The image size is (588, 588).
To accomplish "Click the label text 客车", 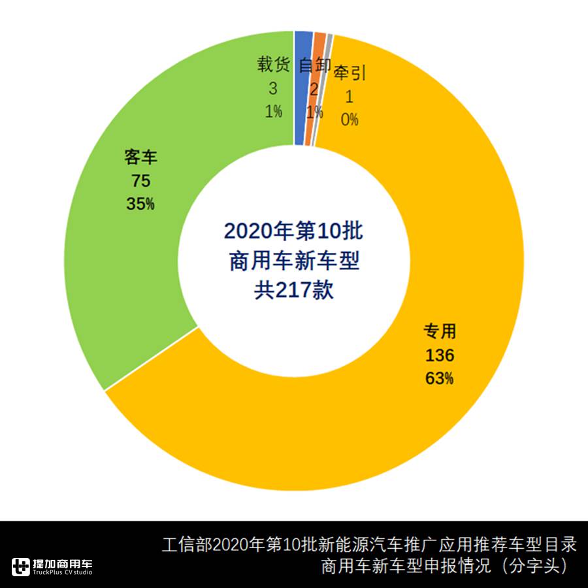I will [141, 157].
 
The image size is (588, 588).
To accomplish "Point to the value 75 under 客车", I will [141, 181].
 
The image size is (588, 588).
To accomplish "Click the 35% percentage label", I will [141, 204].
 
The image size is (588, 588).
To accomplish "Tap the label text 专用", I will [439, 332].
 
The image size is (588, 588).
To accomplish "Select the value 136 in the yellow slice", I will [439, 355].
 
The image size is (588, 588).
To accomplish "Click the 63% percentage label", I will [439, 378].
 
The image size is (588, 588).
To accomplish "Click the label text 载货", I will [273, 65].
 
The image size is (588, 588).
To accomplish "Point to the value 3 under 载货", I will [273, 88].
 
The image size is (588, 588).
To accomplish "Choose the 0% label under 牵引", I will [350, 120].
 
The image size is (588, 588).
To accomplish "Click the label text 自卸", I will [314, 65].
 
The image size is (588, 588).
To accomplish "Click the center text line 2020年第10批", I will [293, 231].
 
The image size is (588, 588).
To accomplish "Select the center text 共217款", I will [293, 289].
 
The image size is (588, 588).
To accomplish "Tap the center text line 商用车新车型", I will [293, 261].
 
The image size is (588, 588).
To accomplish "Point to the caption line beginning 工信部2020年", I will [369, 544].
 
